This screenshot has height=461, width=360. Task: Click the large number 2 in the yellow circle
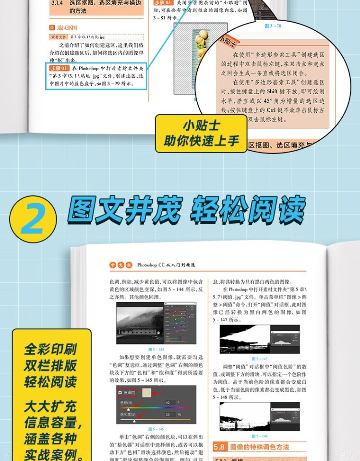coord(33,218)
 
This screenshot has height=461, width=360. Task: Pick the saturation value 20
coord(168,414)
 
